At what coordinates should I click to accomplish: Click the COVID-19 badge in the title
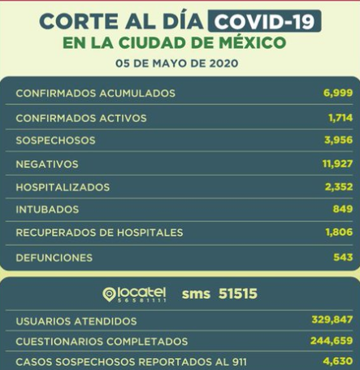pyautogui.click(x=263, y=20)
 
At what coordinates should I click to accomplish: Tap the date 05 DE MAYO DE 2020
pyautogui.click(x=180, y=61)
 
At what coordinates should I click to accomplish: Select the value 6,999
pyautogui.click(x=338, y=94)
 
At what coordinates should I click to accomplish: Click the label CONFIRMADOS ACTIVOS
pyautogui.click(x=81, y=118)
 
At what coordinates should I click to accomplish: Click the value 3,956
pyautogui.click(x=338, y=141)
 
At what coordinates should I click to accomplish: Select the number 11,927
pyautogui.click(x=336, y=163)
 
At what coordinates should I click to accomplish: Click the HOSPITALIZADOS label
pyautogui.click(x=63, y=186)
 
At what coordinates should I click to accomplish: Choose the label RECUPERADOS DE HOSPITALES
pyautogui.click(x=99, y=233)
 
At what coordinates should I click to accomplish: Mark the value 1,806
pyautogui.click(x=338, y=233)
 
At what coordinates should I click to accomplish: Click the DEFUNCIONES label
pyautogui.click(x=54, y=258)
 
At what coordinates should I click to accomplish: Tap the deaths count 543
pyautogui.click(x=343, y=258)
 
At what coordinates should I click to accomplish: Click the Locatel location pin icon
pyautogui.click(x=111, y=294)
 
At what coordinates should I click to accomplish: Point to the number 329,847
pyautogui.click(x=332, y=320)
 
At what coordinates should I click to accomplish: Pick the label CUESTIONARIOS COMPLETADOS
pyautogui.click(x=102, y=342)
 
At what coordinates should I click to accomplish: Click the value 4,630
pyautogui.click(x=338, y=362)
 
